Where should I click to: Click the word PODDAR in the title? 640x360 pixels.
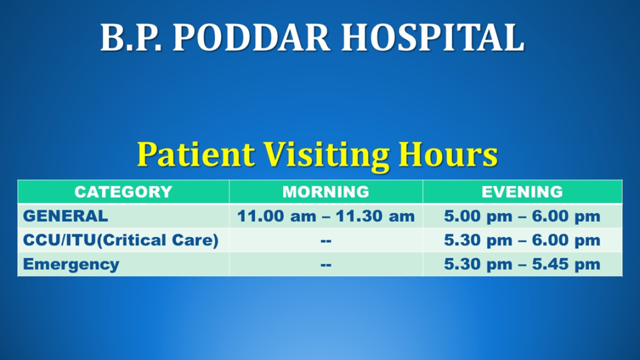click(251, 37)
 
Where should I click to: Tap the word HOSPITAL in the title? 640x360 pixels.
click(432, 37)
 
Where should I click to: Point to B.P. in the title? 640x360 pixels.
click(131, 37)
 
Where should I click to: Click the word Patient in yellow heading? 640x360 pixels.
click(196, 154)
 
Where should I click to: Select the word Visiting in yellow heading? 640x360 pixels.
click(326, 156)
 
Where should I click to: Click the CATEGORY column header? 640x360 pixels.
click(123, 192)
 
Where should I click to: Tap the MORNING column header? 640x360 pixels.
click(326, 192)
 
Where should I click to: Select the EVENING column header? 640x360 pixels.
click(522, 192)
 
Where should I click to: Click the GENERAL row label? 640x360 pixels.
click(65, 216)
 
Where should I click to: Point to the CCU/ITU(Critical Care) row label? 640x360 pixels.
click(121, 240)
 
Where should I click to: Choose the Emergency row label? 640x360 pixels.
click(71, 264)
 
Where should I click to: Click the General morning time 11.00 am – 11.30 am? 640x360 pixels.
click(326, 216)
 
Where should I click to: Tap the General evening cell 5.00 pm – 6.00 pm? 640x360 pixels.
click(522, 216)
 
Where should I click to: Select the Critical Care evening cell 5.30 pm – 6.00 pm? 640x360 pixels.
click(522, 241)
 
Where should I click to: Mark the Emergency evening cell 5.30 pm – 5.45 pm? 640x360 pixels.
click(522, 264)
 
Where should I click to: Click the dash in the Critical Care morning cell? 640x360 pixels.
click(326, 241)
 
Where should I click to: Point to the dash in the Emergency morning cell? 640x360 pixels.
click(326, 265)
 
